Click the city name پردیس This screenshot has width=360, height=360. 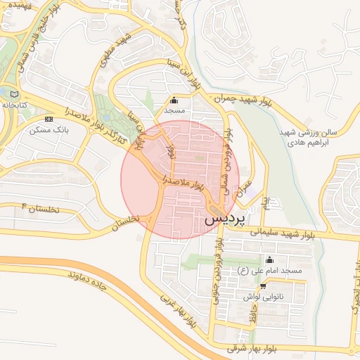pyautogui.click(x=226, y=219)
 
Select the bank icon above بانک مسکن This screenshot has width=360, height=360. pyautogui.click(x=49, y=120)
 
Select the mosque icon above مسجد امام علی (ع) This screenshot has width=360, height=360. pyautogui.click(x=269, y=259)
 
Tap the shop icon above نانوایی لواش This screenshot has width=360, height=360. pyautogui.click(x=263, y=286)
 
